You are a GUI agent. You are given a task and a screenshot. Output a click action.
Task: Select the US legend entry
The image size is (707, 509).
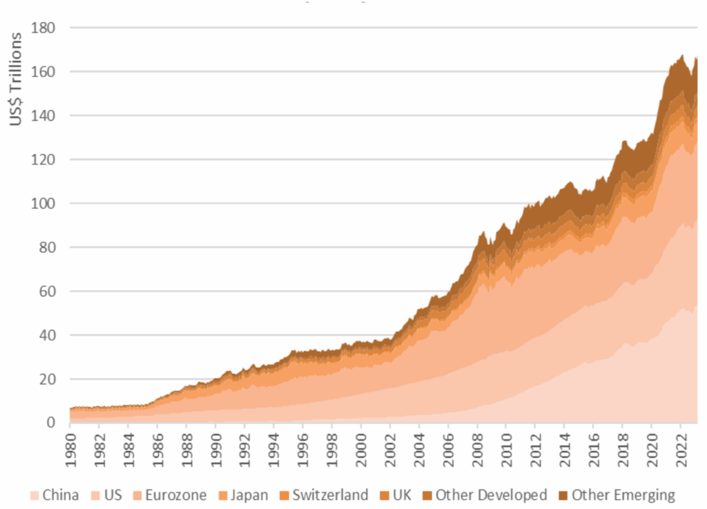(x=113, y=494)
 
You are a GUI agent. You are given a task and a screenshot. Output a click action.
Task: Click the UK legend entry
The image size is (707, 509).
(x=401, y=494)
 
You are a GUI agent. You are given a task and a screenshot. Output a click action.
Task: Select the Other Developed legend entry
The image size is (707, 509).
(x=491, y=494)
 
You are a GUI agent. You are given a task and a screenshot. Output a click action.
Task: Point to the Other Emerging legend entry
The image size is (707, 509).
(x=623, y=494)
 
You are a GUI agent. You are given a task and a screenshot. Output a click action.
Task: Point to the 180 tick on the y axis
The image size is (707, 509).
(x=45, y=28)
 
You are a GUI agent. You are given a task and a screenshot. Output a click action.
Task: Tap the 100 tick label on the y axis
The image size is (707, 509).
(x=45, y=204)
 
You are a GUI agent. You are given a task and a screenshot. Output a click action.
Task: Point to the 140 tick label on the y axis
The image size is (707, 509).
(x=45, y=116)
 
